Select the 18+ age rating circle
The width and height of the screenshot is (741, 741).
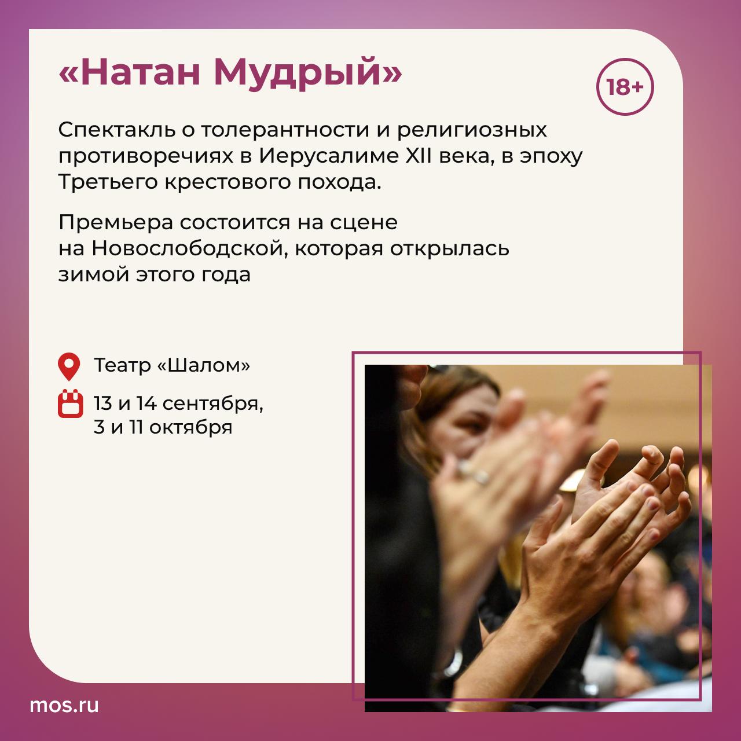625,87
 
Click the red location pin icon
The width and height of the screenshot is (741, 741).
69,366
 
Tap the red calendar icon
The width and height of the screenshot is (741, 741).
71,403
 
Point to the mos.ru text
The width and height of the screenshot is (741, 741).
64,705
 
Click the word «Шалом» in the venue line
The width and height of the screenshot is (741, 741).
204,365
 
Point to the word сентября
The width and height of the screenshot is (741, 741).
213,403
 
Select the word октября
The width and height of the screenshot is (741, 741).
190,427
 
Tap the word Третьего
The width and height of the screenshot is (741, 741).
108,182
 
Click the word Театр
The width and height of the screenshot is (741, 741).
122,365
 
